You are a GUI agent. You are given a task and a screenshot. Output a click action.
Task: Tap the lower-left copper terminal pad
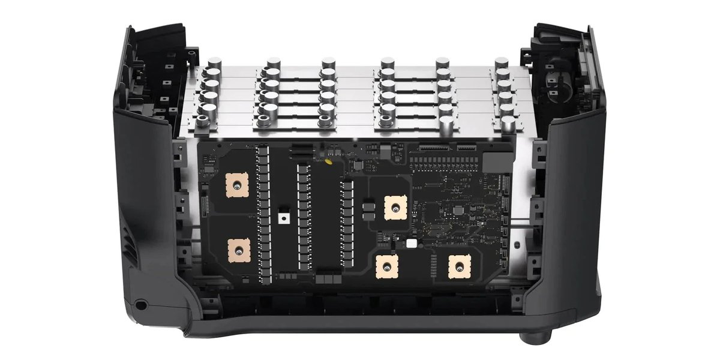[238, 250]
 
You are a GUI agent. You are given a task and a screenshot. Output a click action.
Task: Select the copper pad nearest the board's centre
[394, 208]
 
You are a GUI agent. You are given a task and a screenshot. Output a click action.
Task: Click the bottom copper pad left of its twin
[388, 266]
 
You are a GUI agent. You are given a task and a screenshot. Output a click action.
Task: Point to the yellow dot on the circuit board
[329, 161]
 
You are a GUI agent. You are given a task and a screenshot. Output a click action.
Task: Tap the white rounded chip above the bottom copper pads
[412, 244]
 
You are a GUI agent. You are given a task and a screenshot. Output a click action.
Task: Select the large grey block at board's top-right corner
[496, 160]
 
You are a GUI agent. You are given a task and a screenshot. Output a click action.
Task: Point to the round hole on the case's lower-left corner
[140, 304]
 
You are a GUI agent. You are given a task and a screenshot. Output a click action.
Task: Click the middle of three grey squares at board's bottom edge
[326, 278]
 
